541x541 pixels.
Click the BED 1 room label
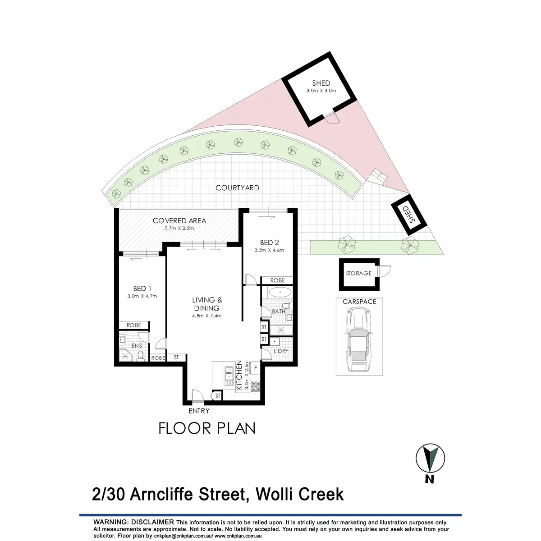[x=139, y=289]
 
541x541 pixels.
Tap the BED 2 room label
[x=270, y=243]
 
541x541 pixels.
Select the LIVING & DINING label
[x=207, y=304]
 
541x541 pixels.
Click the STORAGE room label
[x=358, y=273]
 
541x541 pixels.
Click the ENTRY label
[x=199, y=411]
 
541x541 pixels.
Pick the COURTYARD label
[x=237, y=188]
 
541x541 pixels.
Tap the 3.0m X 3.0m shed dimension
[x=321, y=90]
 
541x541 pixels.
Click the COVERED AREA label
[x=179, y=220]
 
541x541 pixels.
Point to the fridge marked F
[x=255, y=368]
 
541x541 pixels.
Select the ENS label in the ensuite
[x=137, y=346]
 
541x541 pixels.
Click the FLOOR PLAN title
[x=207, y=428]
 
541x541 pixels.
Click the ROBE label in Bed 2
[x=278, y=280]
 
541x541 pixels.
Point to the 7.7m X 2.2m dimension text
[x=179, y=228]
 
